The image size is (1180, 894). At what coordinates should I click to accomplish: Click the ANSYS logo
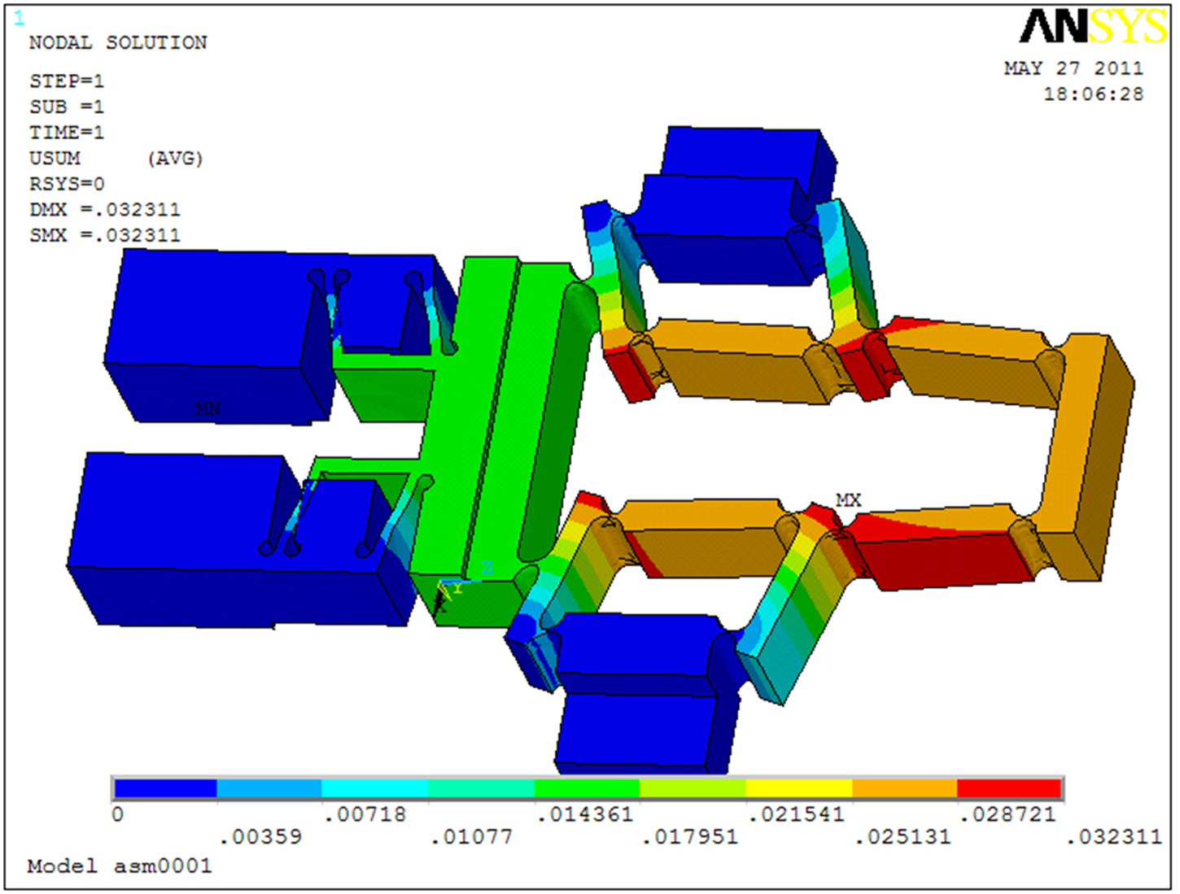(1093, 26)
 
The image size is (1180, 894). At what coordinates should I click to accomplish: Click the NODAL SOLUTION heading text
(118, 43)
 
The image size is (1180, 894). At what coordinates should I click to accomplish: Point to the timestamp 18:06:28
(1094, 94)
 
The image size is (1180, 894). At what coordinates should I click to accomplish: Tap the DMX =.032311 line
(105, 210)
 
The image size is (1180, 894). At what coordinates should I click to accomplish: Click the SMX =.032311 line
(105, 235)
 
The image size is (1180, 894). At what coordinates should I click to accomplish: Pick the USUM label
(55, 159)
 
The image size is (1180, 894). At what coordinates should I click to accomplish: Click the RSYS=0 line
(67, 185)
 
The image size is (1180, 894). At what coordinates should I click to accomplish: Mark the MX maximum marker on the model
(848, 501)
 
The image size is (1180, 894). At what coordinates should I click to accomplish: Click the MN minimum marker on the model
(208, 409)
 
